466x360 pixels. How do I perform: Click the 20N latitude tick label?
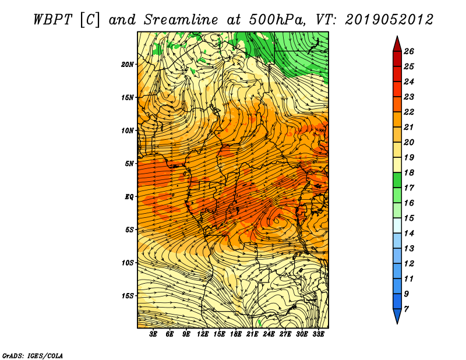(x=127, y=65)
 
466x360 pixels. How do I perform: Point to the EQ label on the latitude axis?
(x=129, y=197)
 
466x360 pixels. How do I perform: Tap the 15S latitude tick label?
(x=127, y=296)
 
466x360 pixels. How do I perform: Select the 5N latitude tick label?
(x=129, y=164)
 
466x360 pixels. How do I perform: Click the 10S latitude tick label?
(x=127, y=263)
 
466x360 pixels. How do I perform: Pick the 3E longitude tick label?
(x=153, y=334)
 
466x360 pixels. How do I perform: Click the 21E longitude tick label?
(x=252, y=334)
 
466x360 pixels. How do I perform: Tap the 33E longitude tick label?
(x=318, y=334)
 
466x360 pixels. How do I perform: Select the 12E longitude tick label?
(x=203, y=334)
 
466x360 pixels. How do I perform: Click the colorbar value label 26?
(x=409, y=51)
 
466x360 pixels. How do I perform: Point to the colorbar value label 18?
(x=409, y=172)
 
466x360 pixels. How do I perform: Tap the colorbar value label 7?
(x=406, y=309)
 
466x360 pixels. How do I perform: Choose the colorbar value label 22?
(x=409, y=112)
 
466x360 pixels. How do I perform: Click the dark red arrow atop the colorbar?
(x=397, y=45)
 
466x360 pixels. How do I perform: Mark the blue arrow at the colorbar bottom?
(x=397, y=316)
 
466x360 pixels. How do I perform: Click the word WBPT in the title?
(x=53, y=20)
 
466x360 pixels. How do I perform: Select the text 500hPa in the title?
(x=277, y=20)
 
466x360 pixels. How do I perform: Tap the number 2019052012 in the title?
(x=389, y=20)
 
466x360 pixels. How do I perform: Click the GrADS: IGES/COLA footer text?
(x=33, y=355)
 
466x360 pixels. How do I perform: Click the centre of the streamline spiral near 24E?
(x=277, y=221)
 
